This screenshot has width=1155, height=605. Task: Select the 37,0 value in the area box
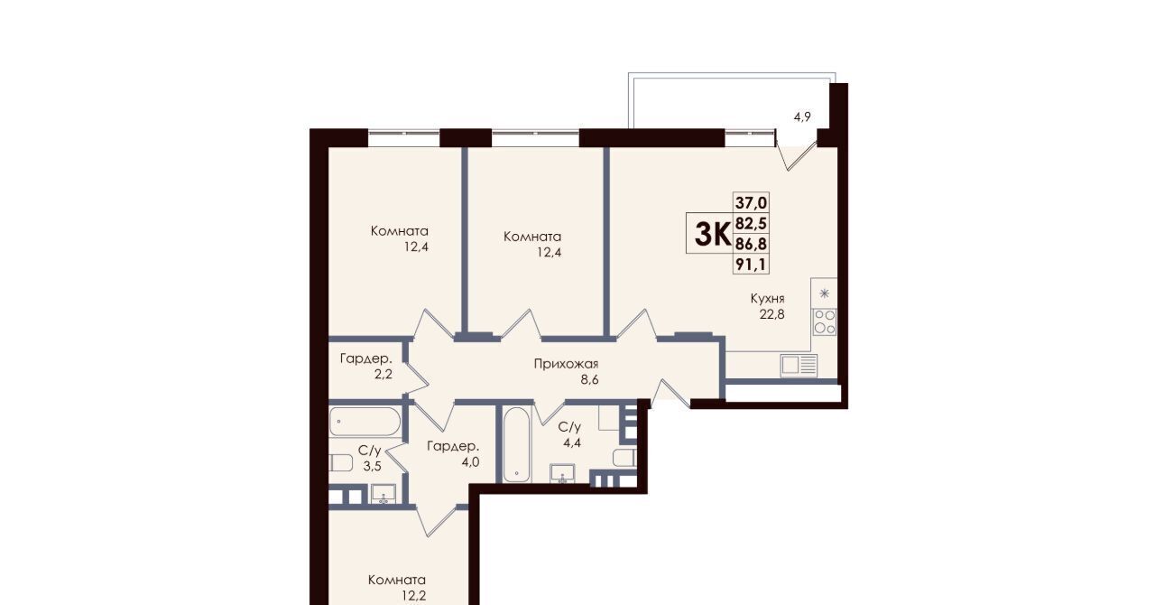pos(752,202)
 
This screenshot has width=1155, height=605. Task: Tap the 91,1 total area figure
pos(752,265)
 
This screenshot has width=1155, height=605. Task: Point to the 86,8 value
pos(752,244)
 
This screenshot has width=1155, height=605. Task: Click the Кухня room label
pos(768,298)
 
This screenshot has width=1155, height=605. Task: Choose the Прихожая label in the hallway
pos(566,364)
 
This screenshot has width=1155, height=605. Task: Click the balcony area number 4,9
pos(802,117)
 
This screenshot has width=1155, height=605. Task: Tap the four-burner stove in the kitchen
pos(825,322)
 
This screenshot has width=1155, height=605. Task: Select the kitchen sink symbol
pos(799,365)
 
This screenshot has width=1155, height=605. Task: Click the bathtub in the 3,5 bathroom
pos(365,422)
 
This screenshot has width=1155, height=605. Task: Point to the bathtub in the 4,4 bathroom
pos(517,445)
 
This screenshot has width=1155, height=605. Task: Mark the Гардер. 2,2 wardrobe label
pos(366,366)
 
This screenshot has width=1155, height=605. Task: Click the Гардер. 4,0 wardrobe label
pos(453,453)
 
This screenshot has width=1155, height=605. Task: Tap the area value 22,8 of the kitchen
pos(772,314)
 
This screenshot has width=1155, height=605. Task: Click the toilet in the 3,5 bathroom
pos(341,462)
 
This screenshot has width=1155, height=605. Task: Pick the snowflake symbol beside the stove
pos(825,293)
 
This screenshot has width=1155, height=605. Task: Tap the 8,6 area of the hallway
pos(589,380)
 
